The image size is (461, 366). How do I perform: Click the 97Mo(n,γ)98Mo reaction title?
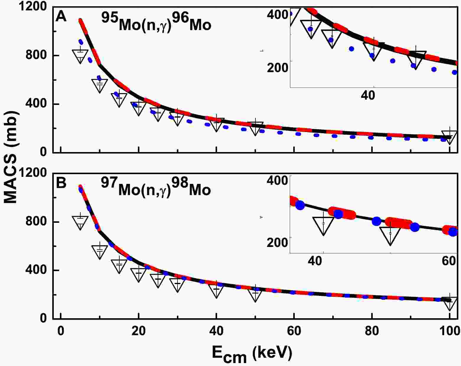pos(156,187)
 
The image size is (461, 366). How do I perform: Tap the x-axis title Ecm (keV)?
pos(252,353)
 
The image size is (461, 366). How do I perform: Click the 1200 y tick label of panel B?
pos(34,173)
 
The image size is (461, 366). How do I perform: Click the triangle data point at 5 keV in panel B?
pos(80,222)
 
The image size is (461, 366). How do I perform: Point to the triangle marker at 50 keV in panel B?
pos(255,293)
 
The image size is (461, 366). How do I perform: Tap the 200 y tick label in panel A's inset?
pos(277,68)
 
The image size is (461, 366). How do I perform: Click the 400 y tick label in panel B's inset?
pos(277,180)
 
